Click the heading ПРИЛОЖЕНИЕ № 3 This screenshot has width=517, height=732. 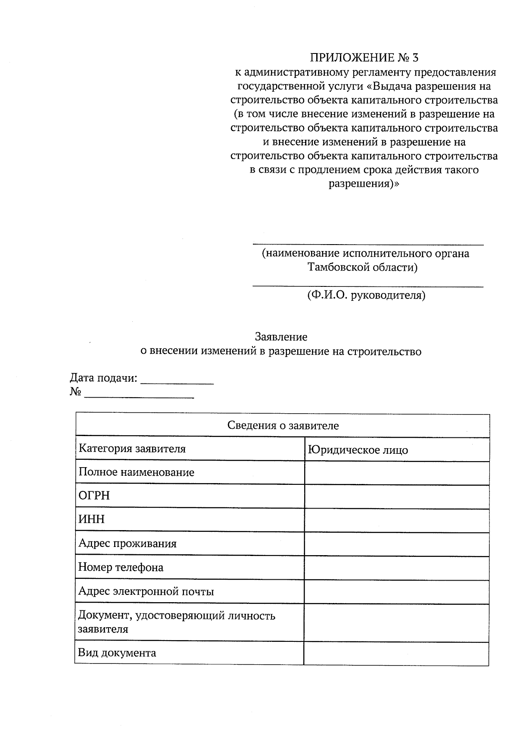point(364,57)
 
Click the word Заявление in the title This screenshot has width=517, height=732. point(281,336)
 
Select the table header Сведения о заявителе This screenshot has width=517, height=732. point(283,426)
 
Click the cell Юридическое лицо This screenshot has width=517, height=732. point(358,450)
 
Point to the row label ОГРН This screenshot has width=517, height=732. point(94,496)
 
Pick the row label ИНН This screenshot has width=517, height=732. point(91,519)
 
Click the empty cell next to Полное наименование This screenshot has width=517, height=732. point(396,473)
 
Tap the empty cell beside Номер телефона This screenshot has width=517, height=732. point(396,568)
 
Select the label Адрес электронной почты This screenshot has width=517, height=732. point(146,591)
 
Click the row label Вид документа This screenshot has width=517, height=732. point(117,653)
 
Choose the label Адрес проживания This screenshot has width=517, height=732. point(127,544)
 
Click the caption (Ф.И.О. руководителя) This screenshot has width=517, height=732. point(366,295)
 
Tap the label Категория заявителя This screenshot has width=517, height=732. point(132,449)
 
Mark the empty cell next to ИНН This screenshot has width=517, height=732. point(396,520)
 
